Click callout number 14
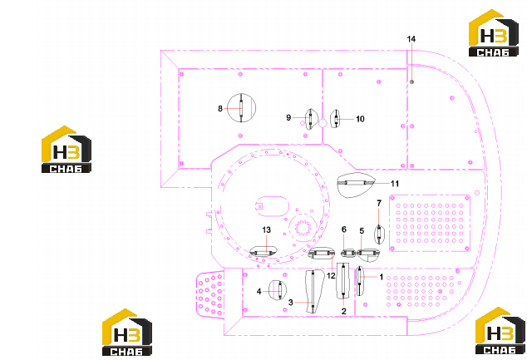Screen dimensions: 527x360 (411, 39)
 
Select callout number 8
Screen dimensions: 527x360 (220, 109)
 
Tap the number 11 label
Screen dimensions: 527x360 (395, 184)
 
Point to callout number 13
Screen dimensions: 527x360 (266, 230)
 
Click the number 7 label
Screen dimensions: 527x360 (379, 203)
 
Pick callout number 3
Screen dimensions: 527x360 (291, 303)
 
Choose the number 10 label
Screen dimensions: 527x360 (360, 119)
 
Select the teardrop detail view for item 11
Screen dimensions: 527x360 (355, 185)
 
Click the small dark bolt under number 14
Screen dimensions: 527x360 (411, 81)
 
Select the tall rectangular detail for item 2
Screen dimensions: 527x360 (343, 280)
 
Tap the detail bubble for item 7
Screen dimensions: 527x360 (379, 234)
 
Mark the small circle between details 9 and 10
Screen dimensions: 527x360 (323, 123)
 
